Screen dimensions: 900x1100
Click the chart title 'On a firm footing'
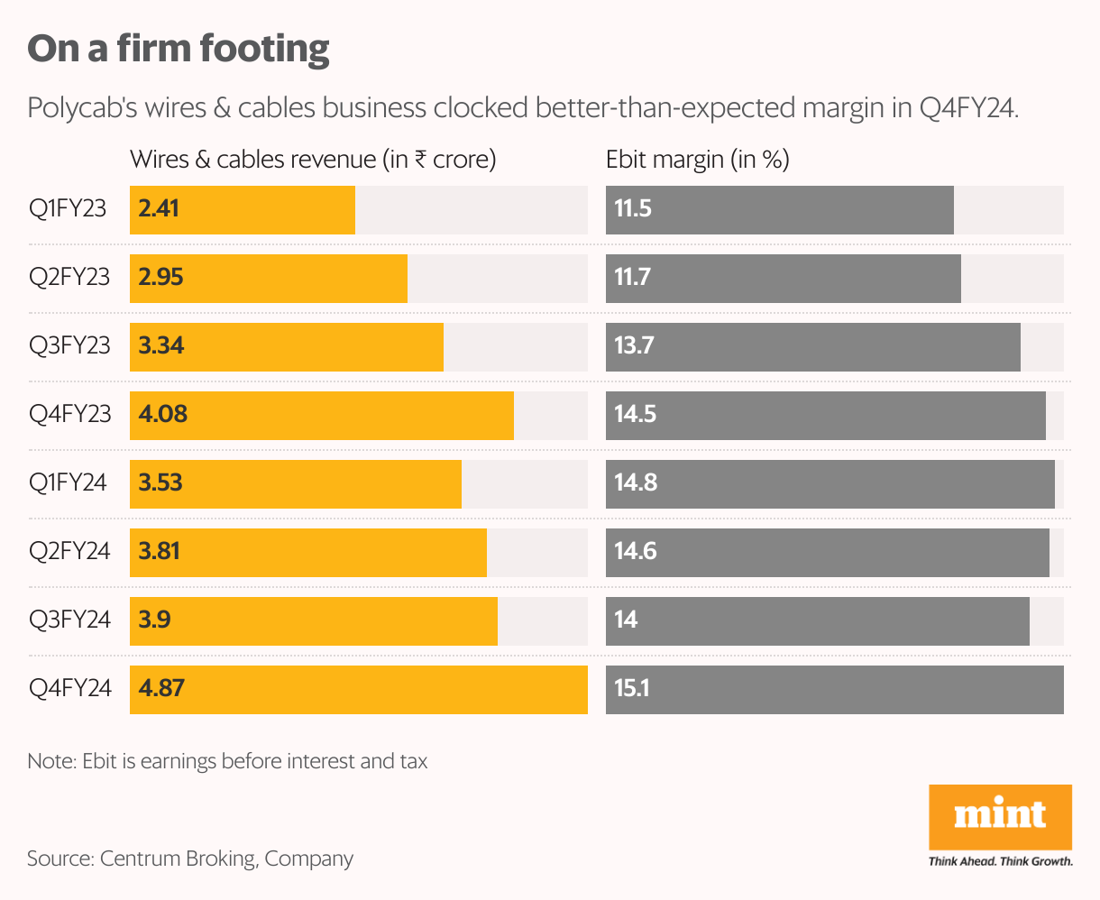179,49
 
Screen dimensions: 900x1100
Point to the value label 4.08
162,415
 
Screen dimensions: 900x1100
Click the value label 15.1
632,689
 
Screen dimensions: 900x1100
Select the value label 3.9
155,620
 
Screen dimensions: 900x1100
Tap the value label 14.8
636,483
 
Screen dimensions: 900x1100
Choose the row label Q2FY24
69,552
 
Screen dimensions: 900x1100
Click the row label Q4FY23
69,415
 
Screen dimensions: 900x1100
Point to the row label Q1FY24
68,483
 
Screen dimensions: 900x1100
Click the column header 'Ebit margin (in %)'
697,161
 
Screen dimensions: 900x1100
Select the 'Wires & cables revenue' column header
313,161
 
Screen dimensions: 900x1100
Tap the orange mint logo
1000,816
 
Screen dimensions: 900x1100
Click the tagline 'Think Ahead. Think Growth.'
1000,861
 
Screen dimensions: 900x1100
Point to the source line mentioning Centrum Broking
190,859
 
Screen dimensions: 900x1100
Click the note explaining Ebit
227,762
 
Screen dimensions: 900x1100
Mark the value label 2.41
159,209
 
